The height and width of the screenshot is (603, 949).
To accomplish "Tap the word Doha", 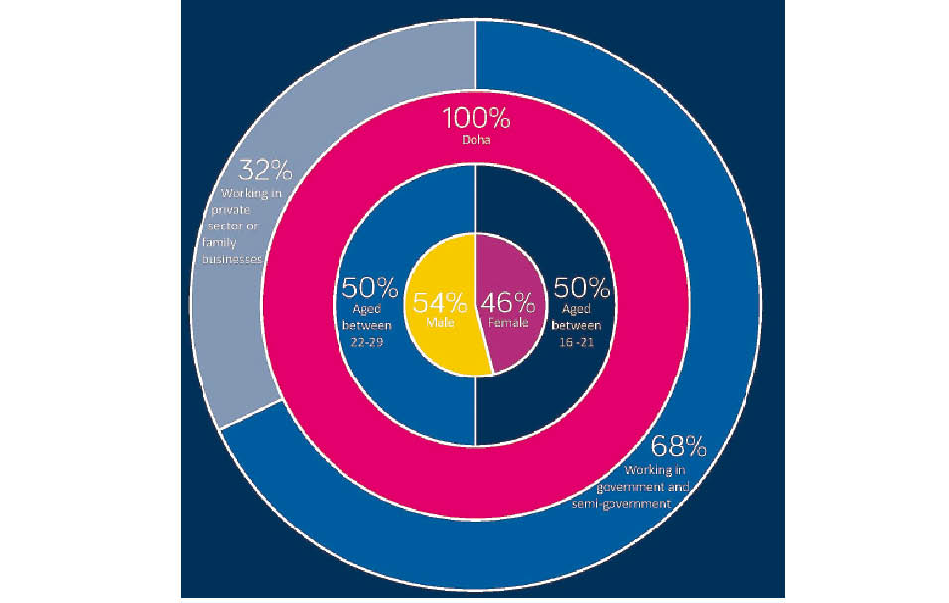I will pos(476,141).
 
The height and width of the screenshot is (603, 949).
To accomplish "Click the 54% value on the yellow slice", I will pos(438,301).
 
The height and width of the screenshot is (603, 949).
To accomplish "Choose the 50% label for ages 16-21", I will pos(582,288).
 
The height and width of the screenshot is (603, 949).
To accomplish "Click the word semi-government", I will pos(637,504).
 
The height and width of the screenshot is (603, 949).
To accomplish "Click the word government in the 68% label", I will pos(631,487).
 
